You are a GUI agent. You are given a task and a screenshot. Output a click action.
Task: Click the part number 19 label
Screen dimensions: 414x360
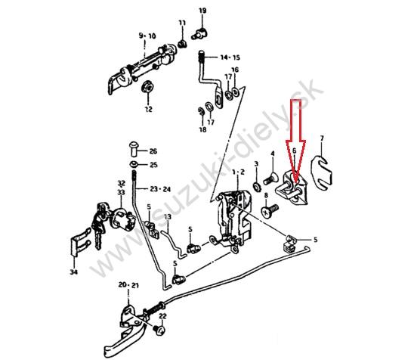[202, 11]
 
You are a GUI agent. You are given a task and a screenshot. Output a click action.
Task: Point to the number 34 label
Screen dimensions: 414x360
[74, 272]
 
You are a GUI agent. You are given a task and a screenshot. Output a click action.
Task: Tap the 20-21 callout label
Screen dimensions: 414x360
[128, 285]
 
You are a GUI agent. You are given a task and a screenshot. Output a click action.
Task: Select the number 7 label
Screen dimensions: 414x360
[322, 138]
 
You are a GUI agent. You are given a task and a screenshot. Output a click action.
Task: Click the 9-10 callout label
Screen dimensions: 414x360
[147, 36]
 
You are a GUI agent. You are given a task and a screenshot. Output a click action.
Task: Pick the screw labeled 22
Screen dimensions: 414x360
[159, 331]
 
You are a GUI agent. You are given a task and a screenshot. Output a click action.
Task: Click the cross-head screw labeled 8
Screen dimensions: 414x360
[270, 209]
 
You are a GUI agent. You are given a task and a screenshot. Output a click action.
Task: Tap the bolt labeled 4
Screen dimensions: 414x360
[270, 179]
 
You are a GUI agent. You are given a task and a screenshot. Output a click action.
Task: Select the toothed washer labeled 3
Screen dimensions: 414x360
[256, 187]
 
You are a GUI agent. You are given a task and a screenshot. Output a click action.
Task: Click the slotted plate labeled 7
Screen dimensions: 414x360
[321, 173]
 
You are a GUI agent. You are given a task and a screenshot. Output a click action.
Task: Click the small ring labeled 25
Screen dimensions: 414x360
[134, 164]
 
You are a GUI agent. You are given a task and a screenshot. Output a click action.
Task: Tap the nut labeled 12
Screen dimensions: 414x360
[147, 86]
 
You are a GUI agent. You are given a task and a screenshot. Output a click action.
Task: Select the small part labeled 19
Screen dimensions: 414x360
[200, 33]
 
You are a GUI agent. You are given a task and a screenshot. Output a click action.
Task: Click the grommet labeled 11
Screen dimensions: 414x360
[181, 44]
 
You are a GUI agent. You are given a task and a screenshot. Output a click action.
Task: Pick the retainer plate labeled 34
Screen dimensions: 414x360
[81, 241]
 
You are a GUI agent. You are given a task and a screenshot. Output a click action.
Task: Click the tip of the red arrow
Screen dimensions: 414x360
[295, 182]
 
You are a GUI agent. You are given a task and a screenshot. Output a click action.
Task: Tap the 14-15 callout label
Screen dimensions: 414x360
[230, 57]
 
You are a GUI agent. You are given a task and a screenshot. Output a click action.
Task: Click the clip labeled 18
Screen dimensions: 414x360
[201, 111]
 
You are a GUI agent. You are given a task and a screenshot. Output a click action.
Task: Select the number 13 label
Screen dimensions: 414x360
[168, 217]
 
